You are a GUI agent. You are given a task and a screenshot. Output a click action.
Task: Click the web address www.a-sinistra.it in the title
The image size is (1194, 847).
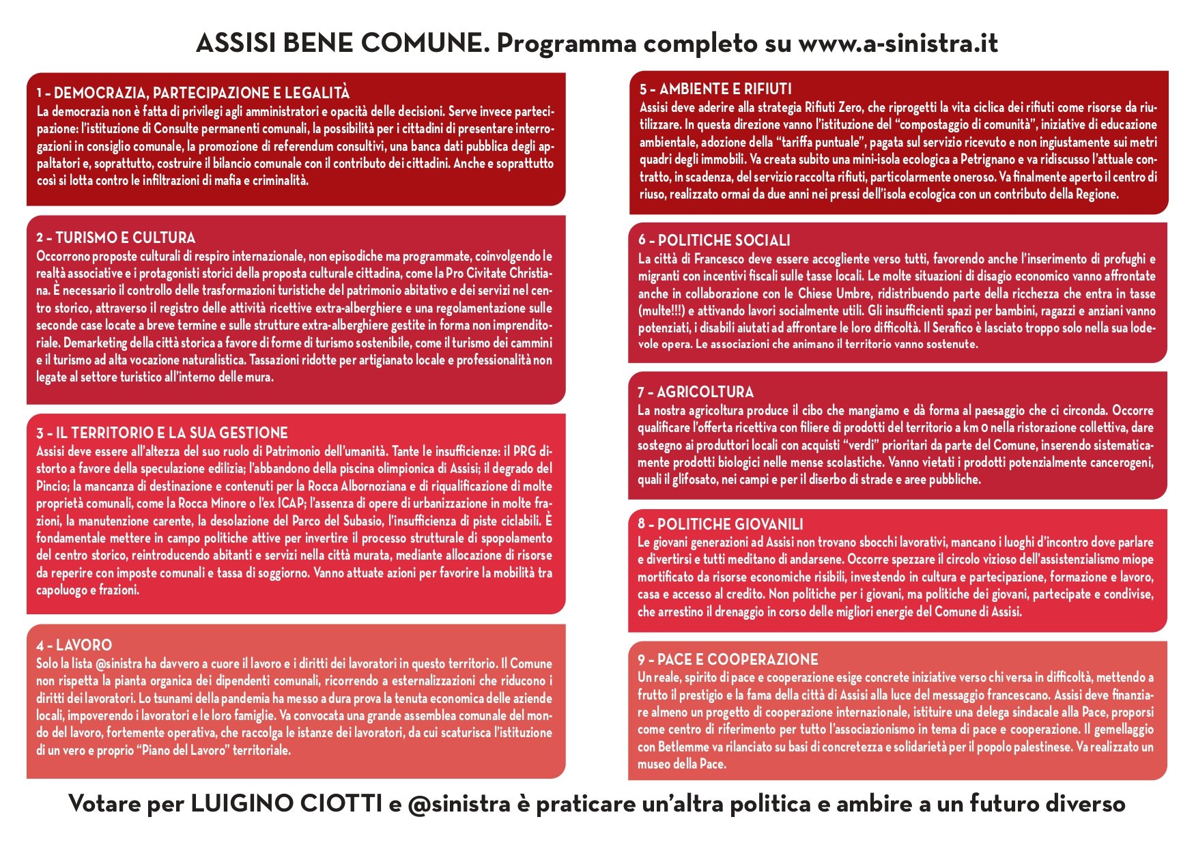(x=898, y=43)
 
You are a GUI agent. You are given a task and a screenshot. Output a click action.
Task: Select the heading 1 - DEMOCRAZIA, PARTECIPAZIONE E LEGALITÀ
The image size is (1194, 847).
(x=193, y=93)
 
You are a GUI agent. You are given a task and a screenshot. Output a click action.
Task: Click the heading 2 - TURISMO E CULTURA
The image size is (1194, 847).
(x=116, y=238)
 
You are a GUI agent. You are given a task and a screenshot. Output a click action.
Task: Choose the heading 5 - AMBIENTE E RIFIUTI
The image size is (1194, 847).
(x=715, y=89)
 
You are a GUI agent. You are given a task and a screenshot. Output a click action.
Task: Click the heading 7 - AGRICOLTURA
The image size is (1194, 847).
(x=696, y=392)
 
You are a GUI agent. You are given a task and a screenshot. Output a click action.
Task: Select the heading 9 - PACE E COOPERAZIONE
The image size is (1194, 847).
(x=728, y=659)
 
